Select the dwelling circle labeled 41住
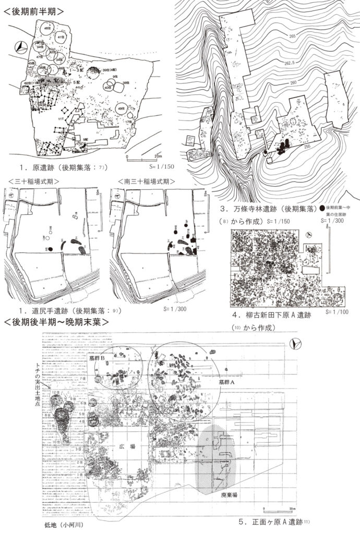(x=62, y=38)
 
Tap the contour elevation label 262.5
(x=290, y=62)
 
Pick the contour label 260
(x=292, y=83)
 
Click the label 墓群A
(x=228, y=382)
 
